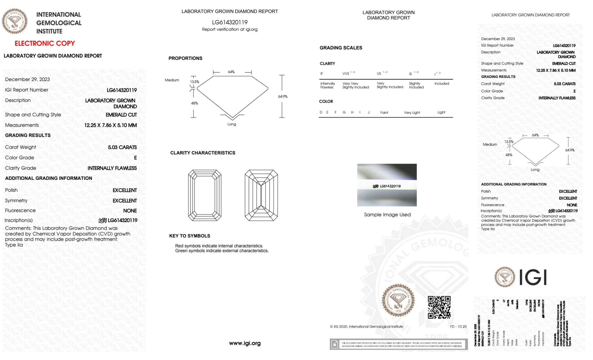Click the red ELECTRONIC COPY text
pos(45,44)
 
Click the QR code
pos(439,307)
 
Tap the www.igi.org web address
pos(245,343)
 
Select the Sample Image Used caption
pos(387,215)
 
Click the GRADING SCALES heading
pos(341,48)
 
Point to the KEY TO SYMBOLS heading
pos(190,236)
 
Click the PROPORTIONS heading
pos(186,58)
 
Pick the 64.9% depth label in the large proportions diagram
pos(283,97)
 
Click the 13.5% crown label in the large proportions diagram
pos(195,82)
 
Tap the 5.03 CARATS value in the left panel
pos(122,147)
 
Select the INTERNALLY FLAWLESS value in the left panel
pos(112,168)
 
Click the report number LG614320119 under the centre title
pos(230,22)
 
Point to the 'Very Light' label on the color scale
pos(412,113)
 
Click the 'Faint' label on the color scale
pos(384,113)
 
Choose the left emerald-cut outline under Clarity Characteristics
pos(205,195)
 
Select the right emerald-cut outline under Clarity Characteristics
pos(261,195)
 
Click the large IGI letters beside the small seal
pos(533,278)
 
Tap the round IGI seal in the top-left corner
pos(15,21)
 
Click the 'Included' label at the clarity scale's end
pos(442,84)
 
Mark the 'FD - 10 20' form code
pos(458,327)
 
